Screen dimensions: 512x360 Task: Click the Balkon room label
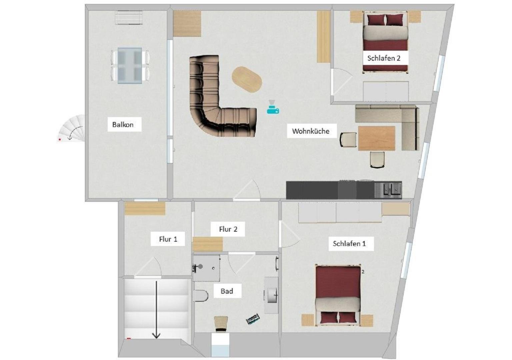pos(123,125)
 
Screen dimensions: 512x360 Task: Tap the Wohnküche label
pos(311,131)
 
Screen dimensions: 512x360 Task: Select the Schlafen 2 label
pos(384,58)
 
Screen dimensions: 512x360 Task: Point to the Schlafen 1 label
pos(349,243)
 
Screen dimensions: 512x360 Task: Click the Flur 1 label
pos(168,239)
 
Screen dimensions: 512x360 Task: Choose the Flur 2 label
pos(228,229)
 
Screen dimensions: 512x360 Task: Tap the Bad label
pos(227,291)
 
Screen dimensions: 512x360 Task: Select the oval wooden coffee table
pos(247,79)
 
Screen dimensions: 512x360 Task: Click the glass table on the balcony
pos(130,66)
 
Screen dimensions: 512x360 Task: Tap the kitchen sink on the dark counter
pos(388,190)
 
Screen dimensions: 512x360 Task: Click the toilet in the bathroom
pos(200,296)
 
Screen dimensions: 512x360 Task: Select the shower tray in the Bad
pos(206,268)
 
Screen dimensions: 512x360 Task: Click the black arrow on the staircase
pos(156,309)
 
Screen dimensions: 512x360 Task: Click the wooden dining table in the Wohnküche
pos(376,138)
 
